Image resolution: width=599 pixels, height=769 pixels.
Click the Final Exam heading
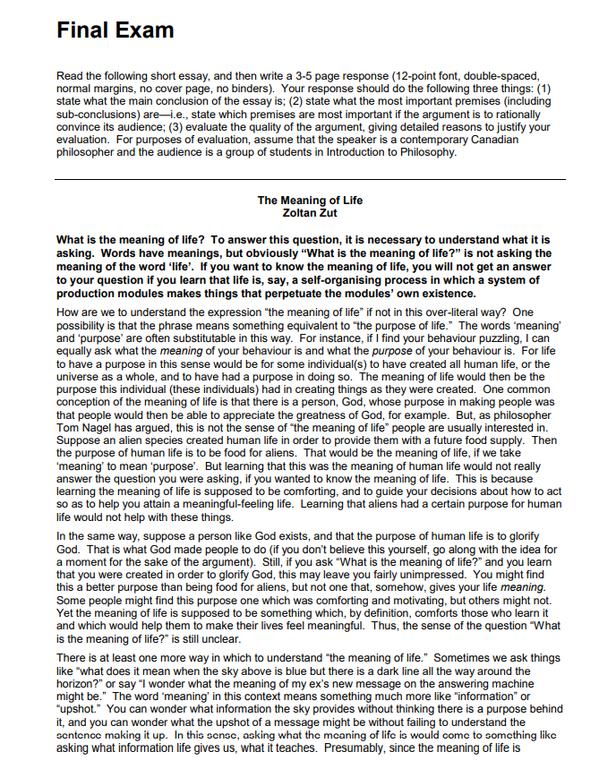pyautogui.click(x=115, y=30)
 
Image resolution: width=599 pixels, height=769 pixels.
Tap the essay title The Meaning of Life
pyautogui.click(x=310, y=201)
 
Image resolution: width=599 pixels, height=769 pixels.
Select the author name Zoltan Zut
pyautogui.click(x=310, y=212)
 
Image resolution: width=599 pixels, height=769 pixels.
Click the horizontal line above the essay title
pyautogui.click(x=310, y=179)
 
